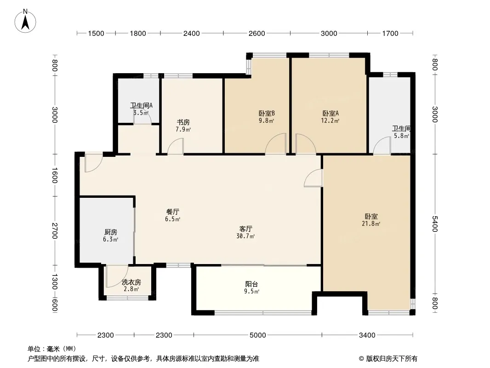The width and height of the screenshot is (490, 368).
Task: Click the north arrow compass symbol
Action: (x=25, y=21)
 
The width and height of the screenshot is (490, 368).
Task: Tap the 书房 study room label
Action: (x=183, y=122)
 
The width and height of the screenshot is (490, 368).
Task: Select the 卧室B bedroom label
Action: (x=267, y=113)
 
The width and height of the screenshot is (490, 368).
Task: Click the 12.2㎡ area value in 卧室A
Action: (x=330, y=121)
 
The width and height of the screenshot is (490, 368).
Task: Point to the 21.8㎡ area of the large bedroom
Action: (x=371, y=224)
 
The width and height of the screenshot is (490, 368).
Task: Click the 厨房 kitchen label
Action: (x=111, y=232)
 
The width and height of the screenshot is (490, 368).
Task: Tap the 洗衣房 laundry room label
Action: (x=131, y=282)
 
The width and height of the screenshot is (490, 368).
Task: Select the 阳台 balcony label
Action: (x=251, y=284)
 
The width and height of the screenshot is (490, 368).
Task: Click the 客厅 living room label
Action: (x=245, y=229)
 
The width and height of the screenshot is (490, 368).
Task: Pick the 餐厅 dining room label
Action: (x=172, y=212)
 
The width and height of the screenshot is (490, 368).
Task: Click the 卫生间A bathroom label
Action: (x=141, y=106)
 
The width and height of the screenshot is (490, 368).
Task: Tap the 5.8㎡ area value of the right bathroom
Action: (x=401, y=136)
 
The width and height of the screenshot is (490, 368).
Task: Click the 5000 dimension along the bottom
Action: (x=258, y=335)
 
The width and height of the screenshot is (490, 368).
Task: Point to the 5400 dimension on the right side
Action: (x=435, y=224)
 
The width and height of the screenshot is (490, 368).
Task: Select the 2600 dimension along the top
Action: (x=257, y=33)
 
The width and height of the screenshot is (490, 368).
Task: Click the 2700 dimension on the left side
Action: (x=55, y=231)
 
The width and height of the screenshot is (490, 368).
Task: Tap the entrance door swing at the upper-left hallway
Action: (x=93, y=162)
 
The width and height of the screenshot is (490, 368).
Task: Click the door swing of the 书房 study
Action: (x=176, y=146)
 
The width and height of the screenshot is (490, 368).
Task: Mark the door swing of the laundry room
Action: (x=117, y=276)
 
